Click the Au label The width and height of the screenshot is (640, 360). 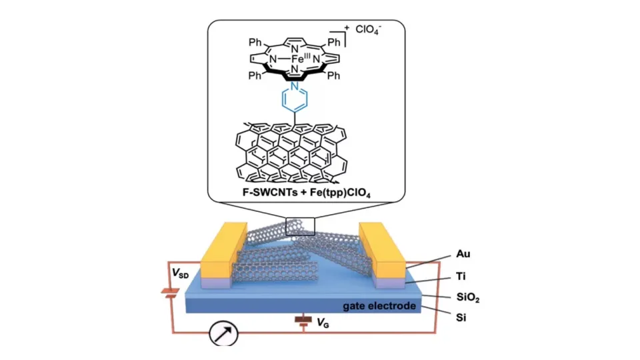(x=463, y=254)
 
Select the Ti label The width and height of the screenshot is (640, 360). (x=461, y=276)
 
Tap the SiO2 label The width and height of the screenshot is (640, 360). (x=468, y=297)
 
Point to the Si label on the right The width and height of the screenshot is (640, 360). (x=461, y=317)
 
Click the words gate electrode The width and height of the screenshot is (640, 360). (x=379, y=306)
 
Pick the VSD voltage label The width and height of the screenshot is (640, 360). (x=181, y=273)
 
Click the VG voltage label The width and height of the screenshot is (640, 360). (x=323, y=323)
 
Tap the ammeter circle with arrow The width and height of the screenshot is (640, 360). (x=224, y=333)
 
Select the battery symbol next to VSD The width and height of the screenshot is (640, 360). (x=170, y=293)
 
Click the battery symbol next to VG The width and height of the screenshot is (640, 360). (x=303, y=321)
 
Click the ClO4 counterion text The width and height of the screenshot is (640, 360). (x=368, y=30)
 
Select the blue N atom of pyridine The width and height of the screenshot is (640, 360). (x=294, y=86)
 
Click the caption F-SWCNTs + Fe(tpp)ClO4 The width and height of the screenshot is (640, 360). (x=306, y=192)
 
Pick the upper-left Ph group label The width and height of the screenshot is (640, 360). (x=255, y=43)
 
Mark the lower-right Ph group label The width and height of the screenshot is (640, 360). (x=333, y=75)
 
